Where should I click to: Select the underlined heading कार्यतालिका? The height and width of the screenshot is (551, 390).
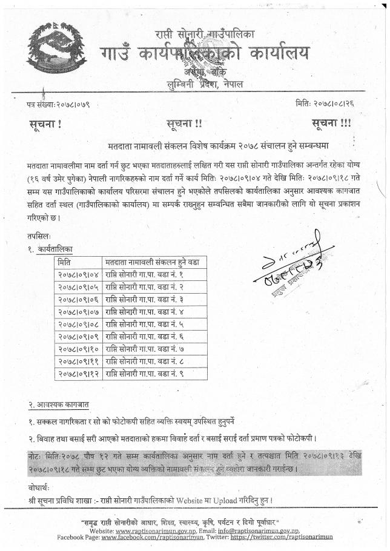tap(54, 248)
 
